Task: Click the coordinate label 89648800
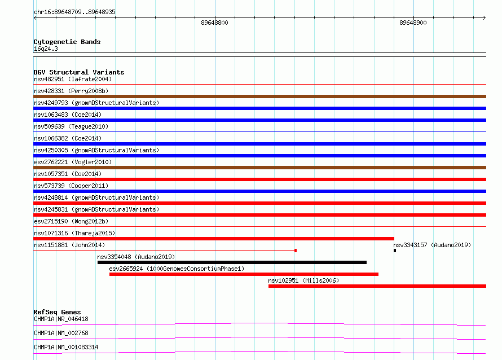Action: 214,23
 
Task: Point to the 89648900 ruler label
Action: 413,23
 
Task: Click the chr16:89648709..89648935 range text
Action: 74,12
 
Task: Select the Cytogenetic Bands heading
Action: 67,42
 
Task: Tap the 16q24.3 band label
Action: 46,49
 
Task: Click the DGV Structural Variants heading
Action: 79,72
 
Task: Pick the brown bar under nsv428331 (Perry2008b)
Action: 259,96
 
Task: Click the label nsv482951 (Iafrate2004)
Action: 73,79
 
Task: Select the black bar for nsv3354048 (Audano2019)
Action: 232,262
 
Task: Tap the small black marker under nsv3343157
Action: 395,251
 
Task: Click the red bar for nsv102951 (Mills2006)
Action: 377,286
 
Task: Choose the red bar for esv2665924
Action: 244,274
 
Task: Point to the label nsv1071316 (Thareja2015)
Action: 74,233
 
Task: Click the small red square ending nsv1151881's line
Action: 296,251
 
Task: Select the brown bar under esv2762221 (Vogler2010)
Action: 259,168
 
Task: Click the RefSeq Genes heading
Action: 57,312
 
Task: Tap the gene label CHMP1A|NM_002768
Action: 61,333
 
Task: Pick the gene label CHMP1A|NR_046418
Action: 61,319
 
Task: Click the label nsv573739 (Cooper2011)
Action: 71,186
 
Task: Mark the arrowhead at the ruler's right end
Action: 485,17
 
